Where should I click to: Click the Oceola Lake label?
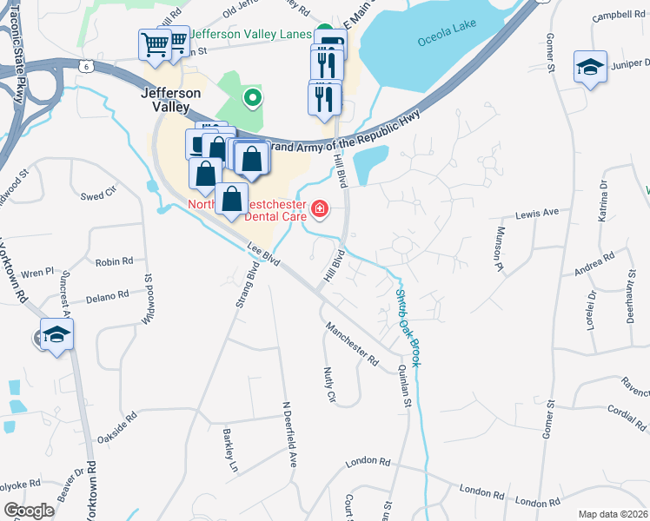click(x=442, y=41)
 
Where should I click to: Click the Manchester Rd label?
click(x=353, y=343)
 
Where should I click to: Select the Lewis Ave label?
click(x=537, y=213)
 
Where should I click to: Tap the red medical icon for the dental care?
click(x=320, y=208)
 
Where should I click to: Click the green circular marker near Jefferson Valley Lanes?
click(x=252, y=98)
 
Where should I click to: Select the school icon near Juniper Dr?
click(x=590, y=67)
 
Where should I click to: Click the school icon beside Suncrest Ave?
click(x=56, y=334)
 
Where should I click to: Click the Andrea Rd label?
click(x=594, y=264)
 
